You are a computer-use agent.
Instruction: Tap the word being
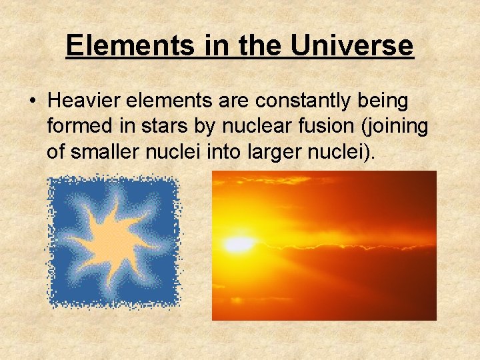click(385, 102)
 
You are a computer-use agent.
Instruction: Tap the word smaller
click(101, 153)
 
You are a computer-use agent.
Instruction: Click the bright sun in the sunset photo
click(238, 245)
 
